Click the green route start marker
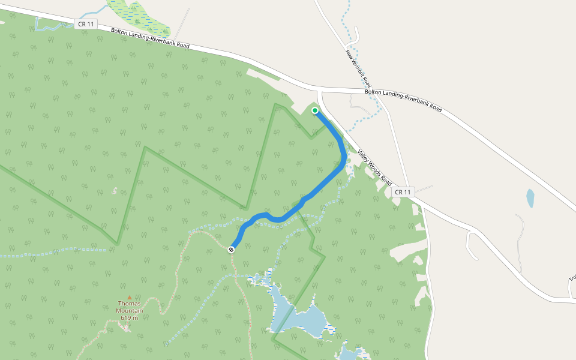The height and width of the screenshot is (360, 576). point(314,110)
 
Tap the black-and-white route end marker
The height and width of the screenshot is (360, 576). point(232,249)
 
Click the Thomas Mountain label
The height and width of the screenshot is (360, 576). point(130,307)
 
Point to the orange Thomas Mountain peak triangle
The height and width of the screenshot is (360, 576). point(129,297)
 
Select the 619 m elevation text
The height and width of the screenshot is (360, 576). point(129,317)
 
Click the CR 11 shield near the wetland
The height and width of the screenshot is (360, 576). point(86,24)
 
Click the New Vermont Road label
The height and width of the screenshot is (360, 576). point(359,68)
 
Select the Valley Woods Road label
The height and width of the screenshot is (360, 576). point(375,167)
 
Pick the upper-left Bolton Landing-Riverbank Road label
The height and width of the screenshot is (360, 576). point(150,37)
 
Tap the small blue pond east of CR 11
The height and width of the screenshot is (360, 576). point(530,198)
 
